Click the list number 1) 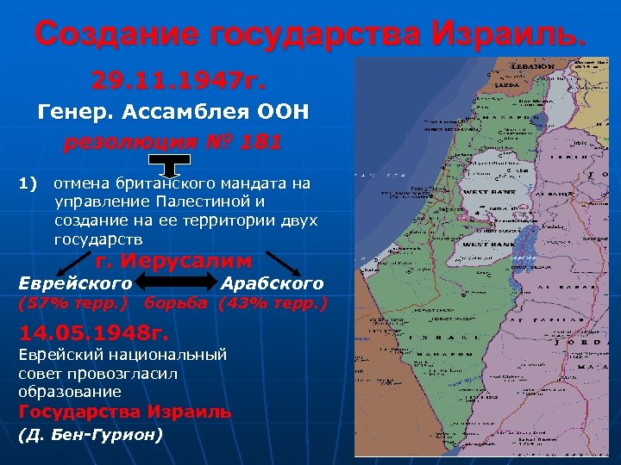pos(28,183)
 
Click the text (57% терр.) pos(72,303)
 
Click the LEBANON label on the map pos(532,66)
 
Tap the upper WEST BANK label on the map pos(488,192)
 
